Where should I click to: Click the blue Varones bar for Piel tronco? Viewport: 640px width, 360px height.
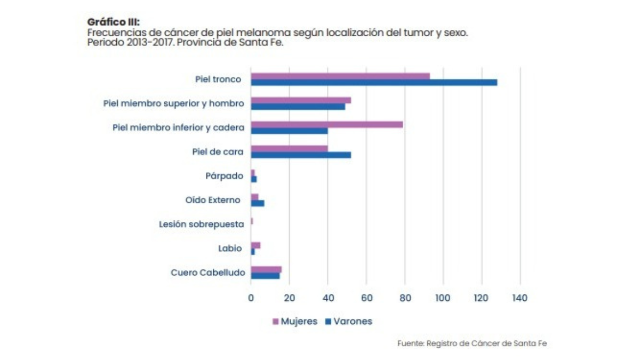pyautogui.click(x=373, y=83)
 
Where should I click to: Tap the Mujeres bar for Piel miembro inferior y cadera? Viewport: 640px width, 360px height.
pyautogui.click(x=327, y=124)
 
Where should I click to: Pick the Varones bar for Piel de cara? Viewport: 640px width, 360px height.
pyautogui.click(x=301, y=155)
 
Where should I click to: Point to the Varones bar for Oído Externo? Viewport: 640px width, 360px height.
pyautogui.click(x=258, y=203)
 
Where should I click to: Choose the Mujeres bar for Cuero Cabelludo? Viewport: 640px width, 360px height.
pyautogui.click(x=266, y=269)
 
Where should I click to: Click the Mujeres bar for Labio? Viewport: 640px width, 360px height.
pyautogui.click(x=255, y=245)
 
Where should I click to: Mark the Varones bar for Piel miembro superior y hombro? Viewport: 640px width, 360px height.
pyautogui.click(x=298, y=107)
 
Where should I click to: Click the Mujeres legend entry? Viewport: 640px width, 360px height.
pyautogui.click(x=295, y=322)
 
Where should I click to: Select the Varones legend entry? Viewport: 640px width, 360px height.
pyautogui.click(x=348, y=322)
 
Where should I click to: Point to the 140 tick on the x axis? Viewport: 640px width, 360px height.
pyautogui.click(x=519, y=298)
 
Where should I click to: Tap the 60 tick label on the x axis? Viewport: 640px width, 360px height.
pyautogui.click(x=366, y=298)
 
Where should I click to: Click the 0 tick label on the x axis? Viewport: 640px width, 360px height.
pyautogui.click(x=251, y=298)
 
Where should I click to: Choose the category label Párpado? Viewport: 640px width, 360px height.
pyautogui.click(x=225, y=176)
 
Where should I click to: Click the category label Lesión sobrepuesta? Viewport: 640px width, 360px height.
pyautogui.click(x=202, y=224)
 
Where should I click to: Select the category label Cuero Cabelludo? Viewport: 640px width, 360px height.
pyautogui.click(x=207, y=273)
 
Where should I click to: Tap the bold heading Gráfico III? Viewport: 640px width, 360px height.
pyautogui.click(x=113, y=22)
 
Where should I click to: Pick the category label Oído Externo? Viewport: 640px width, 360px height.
pyautogui.click(x=212, y=200)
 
